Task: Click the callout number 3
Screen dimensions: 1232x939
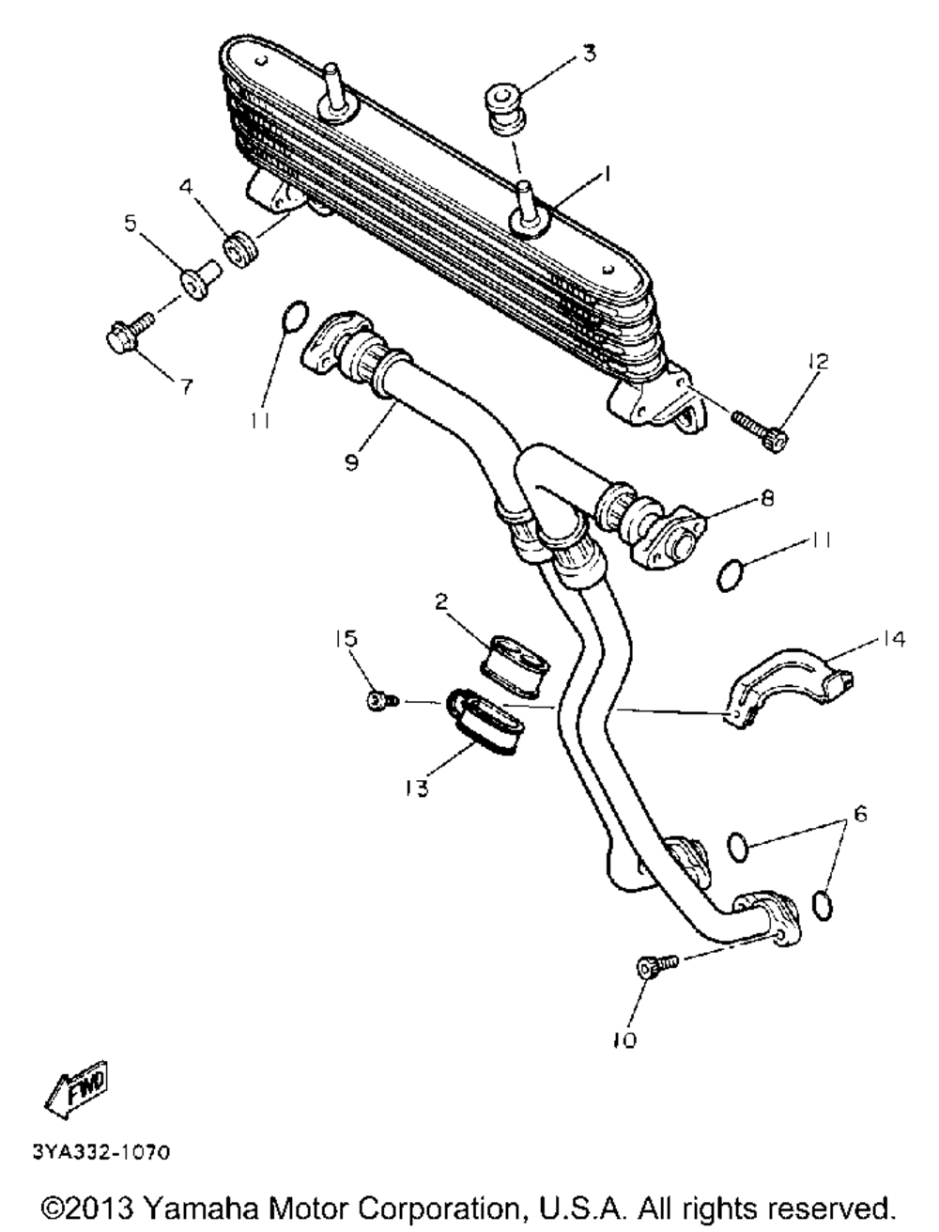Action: (x=589, y=54)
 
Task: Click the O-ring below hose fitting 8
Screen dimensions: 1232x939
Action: (x=731, y=574)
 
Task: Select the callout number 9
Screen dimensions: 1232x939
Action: (x=350, y=464)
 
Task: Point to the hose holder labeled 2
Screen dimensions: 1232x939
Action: (x=516, y=653)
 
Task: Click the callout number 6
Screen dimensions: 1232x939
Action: (x=861, y=812)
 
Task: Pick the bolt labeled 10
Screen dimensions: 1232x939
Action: (x=654, y=966)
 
